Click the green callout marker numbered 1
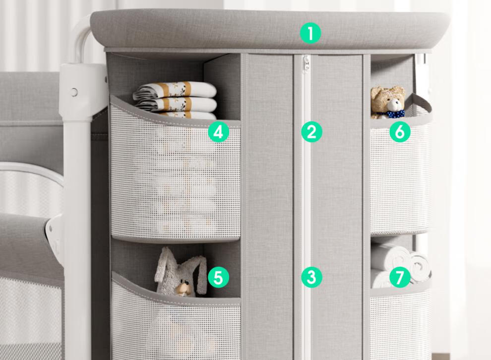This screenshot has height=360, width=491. [x=310, y=34]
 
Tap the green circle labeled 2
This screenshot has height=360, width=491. [x=311, y=132]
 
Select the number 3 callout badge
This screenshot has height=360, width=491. [x=311, y=277]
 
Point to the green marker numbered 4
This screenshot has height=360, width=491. [x=219, y=132]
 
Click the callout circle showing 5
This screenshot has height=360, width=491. [x=219, y=277]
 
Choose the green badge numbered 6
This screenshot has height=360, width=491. [x=400, y=132]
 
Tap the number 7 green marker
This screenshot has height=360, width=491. [x=400, y=277]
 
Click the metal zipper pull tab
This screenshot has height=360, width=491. [x=306, y=62]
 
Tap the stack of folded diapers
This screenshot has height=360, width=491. [x=175, y=100]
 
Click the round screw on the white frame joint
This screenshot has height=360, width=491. [x=74, y=92]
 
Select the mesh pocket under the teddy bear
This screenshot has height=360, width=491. [x=400, y=176]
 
